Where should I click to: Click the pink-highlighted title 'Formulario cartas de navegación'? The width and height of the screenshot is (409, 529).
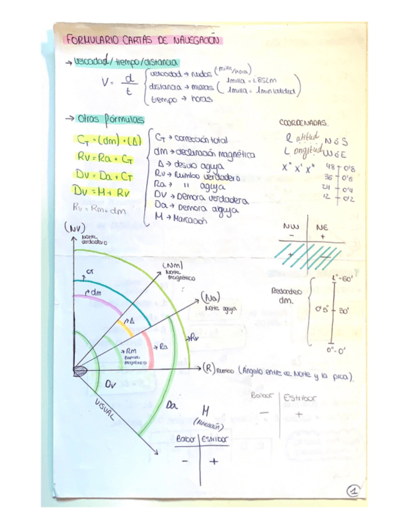143,41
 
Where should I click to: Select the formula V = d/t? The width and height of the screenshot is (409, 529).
121,84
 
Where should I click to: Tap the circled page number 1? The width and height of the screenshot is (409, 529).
354,492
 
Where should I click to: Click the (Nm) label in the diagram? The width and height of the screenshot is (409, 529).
172,268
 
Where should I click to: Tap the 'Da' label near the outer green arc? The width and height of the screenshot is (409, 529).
172,406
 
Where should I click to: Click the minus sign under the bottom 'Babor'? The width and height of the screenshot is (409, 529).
185,462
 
